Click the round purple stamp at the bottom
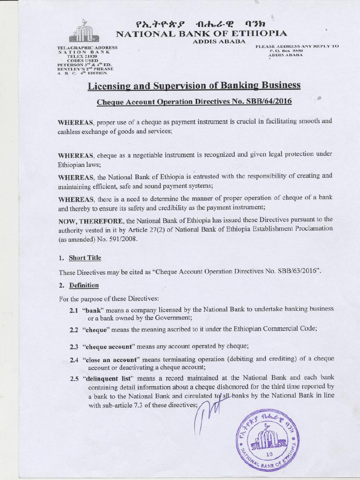[x=268, y=439]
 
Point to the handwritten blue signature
[x=205, y=412]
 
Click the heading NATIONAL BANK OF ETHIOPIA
[x=201, y=33]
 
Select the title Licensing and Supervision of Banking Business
[x=194, y=85]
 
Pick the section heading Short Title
[x=84, y=258]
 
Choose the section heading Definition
[x=84, y=285]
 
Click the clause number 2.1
[x=74, y=309]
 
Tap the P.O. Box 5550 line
[x=286, y=50]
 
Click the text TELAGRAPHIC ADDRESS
[x=87, y=48]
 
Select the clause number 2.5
[x=74, y=378]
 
